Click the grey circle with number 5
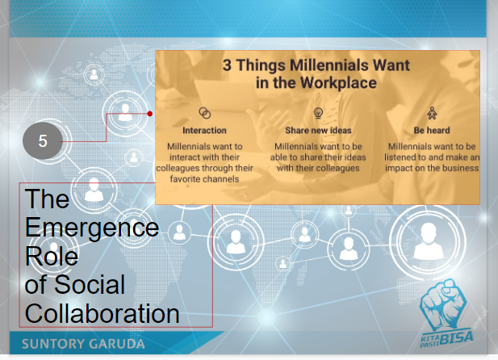pyautogui.click(x=43, y=140)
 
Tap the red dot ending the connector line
pyautogui.click(x=151, y=114)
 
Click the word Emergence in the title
pyautogui.click(x=91, y=227)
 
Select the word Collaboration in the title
pyautogui.click(x=102, y=312)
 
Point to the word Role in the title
pyautogui.click(x=52, y=256)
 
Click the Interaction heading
pyautogui.click(x=204, y=130)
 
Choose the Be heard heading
pyautogui.click(x=432, y=130)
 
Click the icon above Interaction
pyautogui.click(x=204, y=112)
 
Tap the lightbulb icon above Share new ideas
pyautogui.click(x=318, y=112)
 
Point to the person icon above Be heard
pyautogui.click(x=432, y=112)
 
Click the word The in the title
pyautogui.click(x=47, y=199)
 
